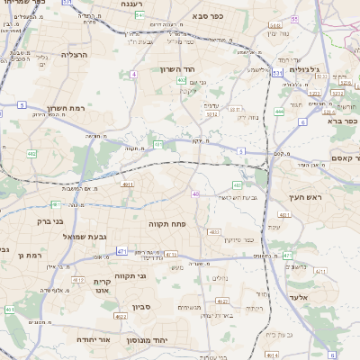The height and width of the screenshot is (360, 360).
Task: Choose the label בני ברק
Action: [53, 220]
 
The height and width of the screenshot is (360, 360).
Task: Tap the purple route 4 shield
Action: [134, 74]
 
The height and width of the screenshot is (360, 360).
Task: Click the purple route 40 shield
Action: [195, 193]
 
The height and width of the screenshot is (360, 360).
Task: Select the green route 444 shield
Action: [279, 112]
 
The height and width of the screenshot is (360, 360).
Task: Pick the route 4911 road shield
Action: [127, 184]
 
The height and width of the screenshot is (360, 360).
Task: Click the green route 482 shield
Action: [32, 154]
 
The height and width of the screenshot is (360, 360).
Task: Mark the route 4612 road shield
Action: [121, 316]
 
